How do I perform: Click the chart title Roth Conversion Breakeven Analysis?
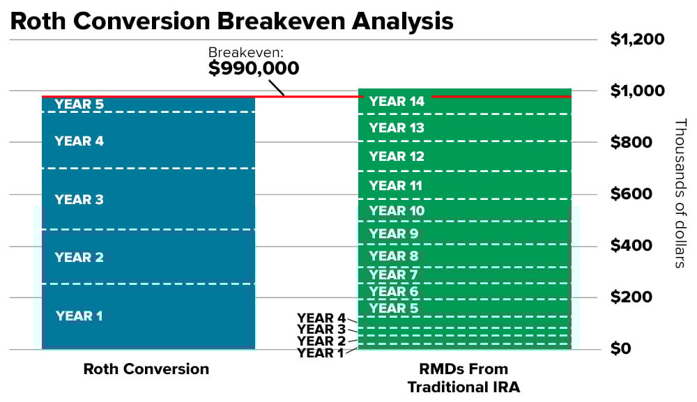tap(231, 21)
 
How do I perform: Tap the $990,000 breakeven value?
tap(254, 68)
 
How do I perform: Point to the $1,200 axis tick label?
tap(637, 39)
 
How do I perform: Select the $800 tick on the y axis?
tap(631, 142)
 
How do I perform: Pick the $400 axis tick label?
tap(631, 245)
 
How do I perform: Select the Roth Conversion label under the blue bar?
tap(146, 369)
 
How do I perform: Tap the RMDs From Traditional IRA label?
tap(464, 377)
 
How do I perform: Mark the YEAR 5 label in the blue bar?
tap(79, 105)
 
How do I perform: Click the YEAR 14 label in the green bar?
tap(397, 102)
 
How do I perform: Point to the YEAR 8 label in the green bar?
tap(394, 256)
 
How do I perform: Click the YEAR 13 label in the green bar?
tap(397, 128)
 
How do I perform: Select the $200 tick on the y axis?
tap(631, 297)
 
